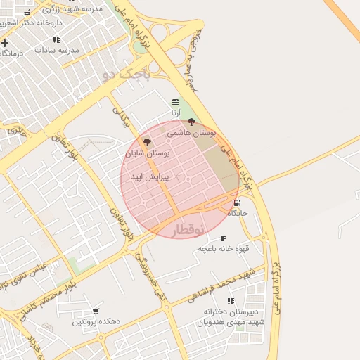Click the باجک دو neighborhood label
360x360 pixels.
click(127, 72)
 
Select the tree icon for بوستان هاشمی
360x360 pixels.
click(192, 122)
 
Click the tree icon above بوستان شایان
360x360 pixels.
click(147, 142)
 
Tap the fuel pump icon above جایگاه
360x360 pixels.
click(237, 202)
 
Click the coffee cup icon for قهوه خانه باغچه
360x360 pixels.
click(224, 238)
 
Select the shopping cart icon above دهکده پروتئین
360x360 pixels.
click(96, 311)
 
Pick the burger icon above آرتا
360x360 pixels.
click(175, 102)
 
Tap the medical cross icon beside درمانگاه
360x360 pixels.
click(5, 43)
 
